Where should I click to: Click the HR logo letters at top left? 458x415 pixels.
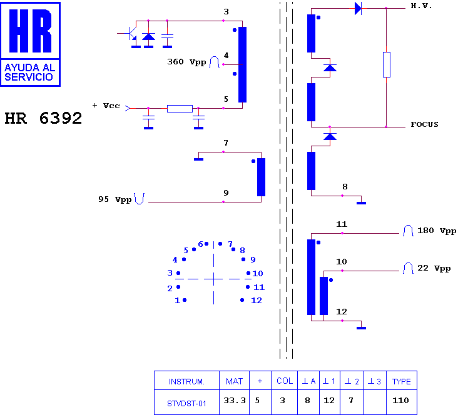[31, 31]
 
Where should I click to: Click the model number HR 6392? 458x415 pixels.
[43, 118]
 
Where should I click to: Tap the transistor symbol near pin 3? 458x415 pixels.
[132, 34]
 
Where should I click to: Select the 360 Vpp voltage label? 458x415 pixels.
[186, 62]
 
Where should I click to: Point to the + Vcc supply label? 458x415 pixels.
[106, 106]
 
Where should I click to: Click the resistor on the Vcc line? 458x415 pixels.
[180, 109]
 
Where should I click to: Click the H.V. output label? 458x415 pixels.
[421, 6]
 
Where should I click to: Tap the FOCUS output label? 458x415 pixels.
[424, 124]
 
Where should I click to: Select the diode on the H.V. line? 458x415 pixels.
[358, 8]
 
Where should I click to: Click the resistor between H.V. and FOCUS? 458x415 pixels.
[387, 65]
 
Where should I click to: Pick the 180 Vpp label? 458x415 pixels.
[437, 231]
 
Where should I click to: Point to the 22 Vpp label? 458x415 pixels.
[434, 268]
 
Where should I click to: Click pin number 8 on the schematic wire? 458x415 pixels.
[345, 187]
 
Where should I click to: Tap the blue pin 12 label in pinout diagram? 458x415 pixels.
[257, 300]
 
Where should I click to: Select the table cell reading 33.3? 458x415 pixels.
[235, 401]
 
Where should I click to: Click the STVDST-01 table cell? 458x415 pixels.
[186, 404]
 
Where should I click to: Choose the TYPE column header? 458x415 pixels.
[401, 381]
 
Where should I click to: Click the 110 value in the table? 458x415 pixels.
[400, 401]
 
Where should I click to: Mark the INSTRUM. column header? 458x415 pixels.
[186, 381]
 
